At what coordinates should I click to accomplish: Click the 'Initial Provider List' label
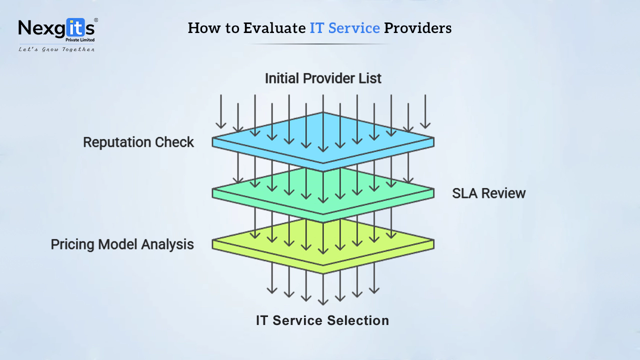pyautogui.click(x=323, y=78)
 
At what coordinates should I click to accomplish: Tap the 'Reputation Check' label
pyautogui.click(x=138, y=142)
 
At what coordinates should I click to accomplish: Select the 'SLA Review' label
pyautogui.click(x=488, y=193)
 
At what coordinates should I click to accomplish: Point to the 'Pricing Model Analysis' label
pyautogui.click(x=122, y=244)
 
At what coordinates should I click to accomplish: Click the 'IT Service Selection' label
pyautogui.click(x=322, y=320)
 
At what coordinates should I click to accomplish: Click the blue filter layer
pyautogui.click(x=323, y=142)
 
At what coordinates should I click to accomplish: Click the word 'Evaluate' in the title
pyautogui.click(x=274, y=28)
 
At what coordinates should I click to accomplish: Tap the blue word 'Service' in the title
pyautogui.click(x=354, y=28)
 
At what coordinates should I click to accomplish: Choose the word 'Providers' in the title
pyautogui.click(x=417, y=28)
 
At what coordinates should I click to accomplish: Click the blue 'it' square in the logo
pyautogui.click(x=75, y=27)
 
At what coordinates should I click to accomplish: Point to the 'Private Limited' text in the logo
pyautogui.click(x=80, y=40)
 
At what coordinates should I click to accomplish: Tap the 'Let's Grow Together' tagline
pyautogui.click(x=56, y=49)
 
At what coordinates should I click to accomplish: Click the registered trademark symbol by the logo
pyautogui.click(x=96, y=20)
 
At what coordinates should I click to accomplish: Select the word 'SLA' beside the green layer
pyautogui.click(x=465, y=193)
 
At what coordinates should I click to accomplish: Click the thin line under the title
pyautogui.click(x=320, y=44)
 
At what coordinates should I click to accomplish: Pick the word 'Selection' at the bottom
pyautogui.click(x=358, y=320)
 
